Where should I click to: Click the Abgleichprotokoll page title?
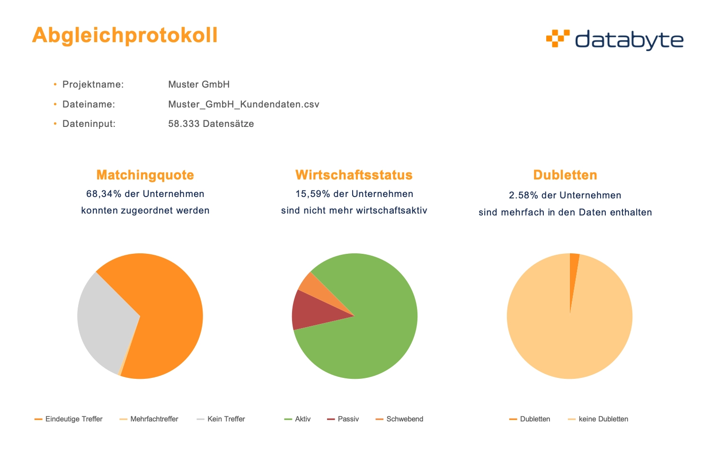pyautogui.click(x=125, y=36)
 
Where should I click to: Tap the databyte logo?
pyautogui.click(x=614, y=40)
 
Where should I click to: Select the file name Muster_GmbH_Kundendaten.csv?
pyautogui.click(x=243, y=104)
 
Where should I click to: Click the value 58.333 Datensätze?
pyautogui.click(x=211, y=124)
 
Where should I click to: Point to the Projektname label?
pyautogui.click(x=93, y=84)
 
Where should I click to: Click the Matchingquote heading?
pyautogui.click(x=145, y=175)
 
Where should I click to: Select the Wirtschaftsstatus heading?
pyautogui.click(x=354, y=175)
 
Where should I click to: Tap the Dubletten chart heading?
pyautogui.click(x=565, y=175)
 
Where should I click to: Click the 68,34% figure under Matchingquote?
pyautogui.click(x=102, y=194)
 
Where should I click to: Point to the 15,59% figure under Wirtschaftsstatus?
pyautogui.click(x=311, y=194)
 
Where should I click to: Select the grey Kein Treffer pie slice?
pyautogui.click(x=104, y=322)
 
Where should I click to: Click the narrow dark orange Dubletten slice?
pyautogui.click(x=573, y=270)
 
